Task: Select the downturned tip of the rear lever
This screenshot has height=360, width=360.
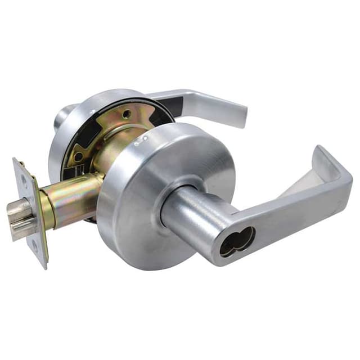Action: point(243,115)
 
